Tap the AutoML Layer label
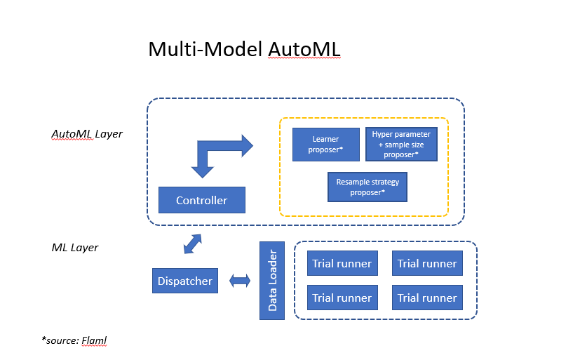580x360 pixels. click(x=87, y=133)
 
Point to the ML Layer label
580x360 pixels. click(x=75, y=248)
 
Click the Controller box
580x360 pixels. click(x=202, y=200)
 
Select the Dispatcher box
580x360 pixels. click(x=184, y=281)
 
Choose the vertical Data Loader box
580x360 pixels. click(x=272, y=281)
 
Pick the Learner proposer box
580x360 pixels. click(x=325, y=144)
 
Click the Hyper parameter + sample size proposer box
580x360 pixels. click(x=401, y=144)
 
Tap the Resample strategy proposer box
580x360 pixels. click(x=367, y=187)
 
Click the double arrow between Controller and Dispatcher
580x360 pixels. click(x=192, y=244)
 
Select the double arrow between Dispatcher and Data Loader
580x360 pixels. click(x=240, y=281)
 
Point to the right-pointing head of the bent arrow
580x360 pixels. click(x=242, y=146)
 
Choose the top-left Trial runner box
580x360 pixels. click(x=342, y=264)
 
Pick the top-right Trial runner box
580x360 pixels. click(x=427, y=264)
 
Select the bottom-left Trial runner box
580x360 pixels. click(x=342, y=298)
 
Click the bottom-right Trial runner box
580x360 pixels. click(x=427, y=298)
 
